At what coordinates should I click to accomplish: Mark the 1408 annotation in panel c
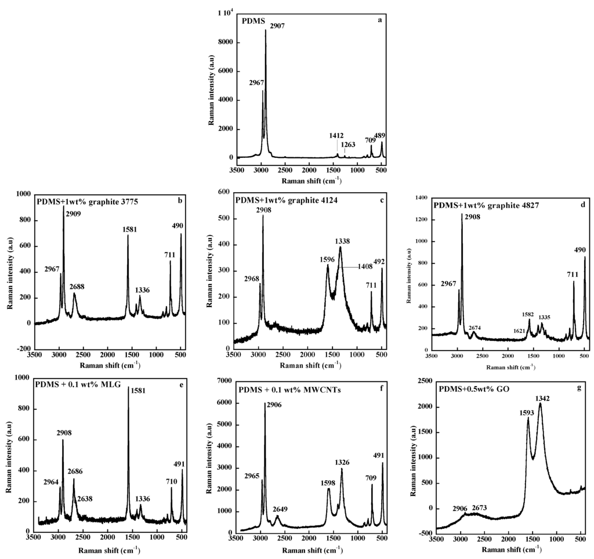click(x=365, y=267)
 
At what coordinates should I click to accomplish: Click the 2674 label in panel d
click(x=475, y=327)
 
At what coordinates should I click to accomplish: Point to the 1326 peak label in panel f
click(x=343, y=462)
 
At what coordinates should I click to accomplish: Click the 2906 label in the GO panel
click(x=462, y=508)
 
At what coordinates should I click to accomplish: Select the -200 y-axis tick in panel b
click(x=23, y=348)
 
